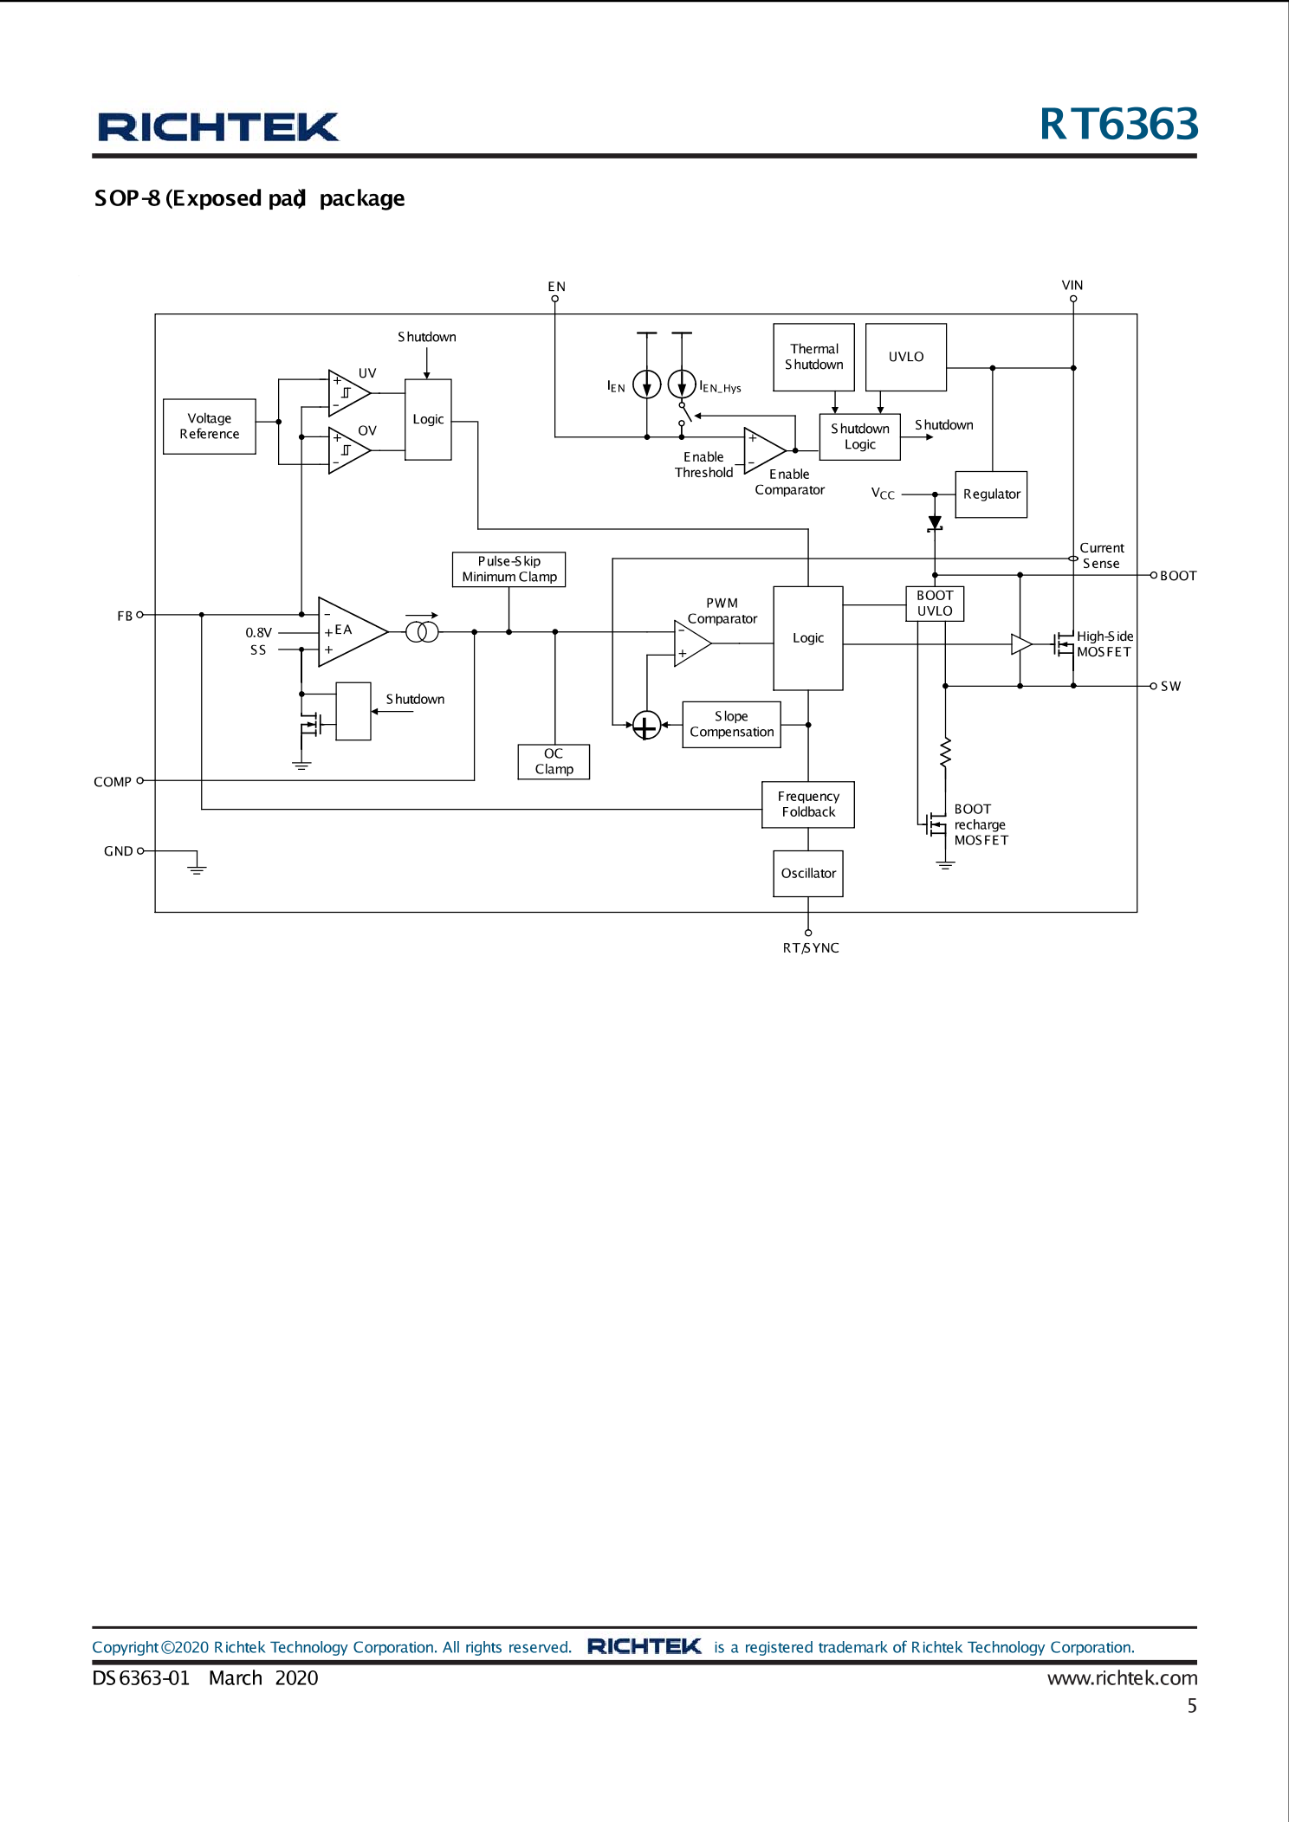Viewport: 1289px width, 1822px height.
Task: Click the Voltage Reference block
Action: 209,426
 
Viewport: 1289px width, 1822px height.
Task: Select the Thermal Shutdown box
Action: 813,357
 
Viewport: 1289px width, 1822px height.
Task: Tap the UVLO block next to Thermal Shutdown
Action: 905,357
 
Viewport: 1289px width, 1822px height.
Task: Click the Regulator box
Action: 991,494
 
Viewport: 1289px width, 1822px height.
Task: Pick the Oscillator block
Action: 807,873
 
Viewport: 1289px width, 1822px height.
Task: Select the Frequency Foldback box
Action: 807,804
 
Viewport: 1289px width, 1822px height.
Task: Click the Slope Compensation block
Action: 731,724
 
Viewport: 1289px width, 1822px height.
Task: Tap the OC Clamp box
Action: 554,761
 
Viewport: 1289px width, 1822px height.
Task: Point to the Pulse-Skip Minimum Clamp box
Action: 508,569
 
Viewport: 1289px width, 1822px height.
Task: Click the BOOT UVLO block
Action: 934,603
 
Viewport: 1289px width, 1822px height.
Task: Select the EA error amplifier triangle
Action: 348,631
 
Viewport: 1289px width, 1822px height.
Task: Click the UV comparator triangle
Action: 347,392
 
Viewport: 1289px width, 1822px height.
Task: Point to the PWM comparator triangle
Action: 690,643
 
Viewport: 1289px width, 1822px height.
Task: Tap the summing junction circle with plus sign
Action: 646,726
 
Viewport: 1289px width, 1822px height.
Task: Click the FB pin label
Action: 125,616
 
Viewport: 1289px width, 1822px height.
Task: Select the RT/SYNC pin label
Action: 810,948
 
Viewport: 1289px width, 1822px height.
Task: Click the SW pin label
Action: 1170,686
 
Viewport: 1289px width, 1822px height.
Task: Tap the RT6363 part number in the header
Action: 1118,124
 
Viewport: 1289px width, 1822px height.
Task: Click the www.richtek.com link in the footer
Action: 1122,1677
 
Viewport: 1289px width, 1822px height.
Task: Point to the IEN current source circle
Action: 646,384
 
